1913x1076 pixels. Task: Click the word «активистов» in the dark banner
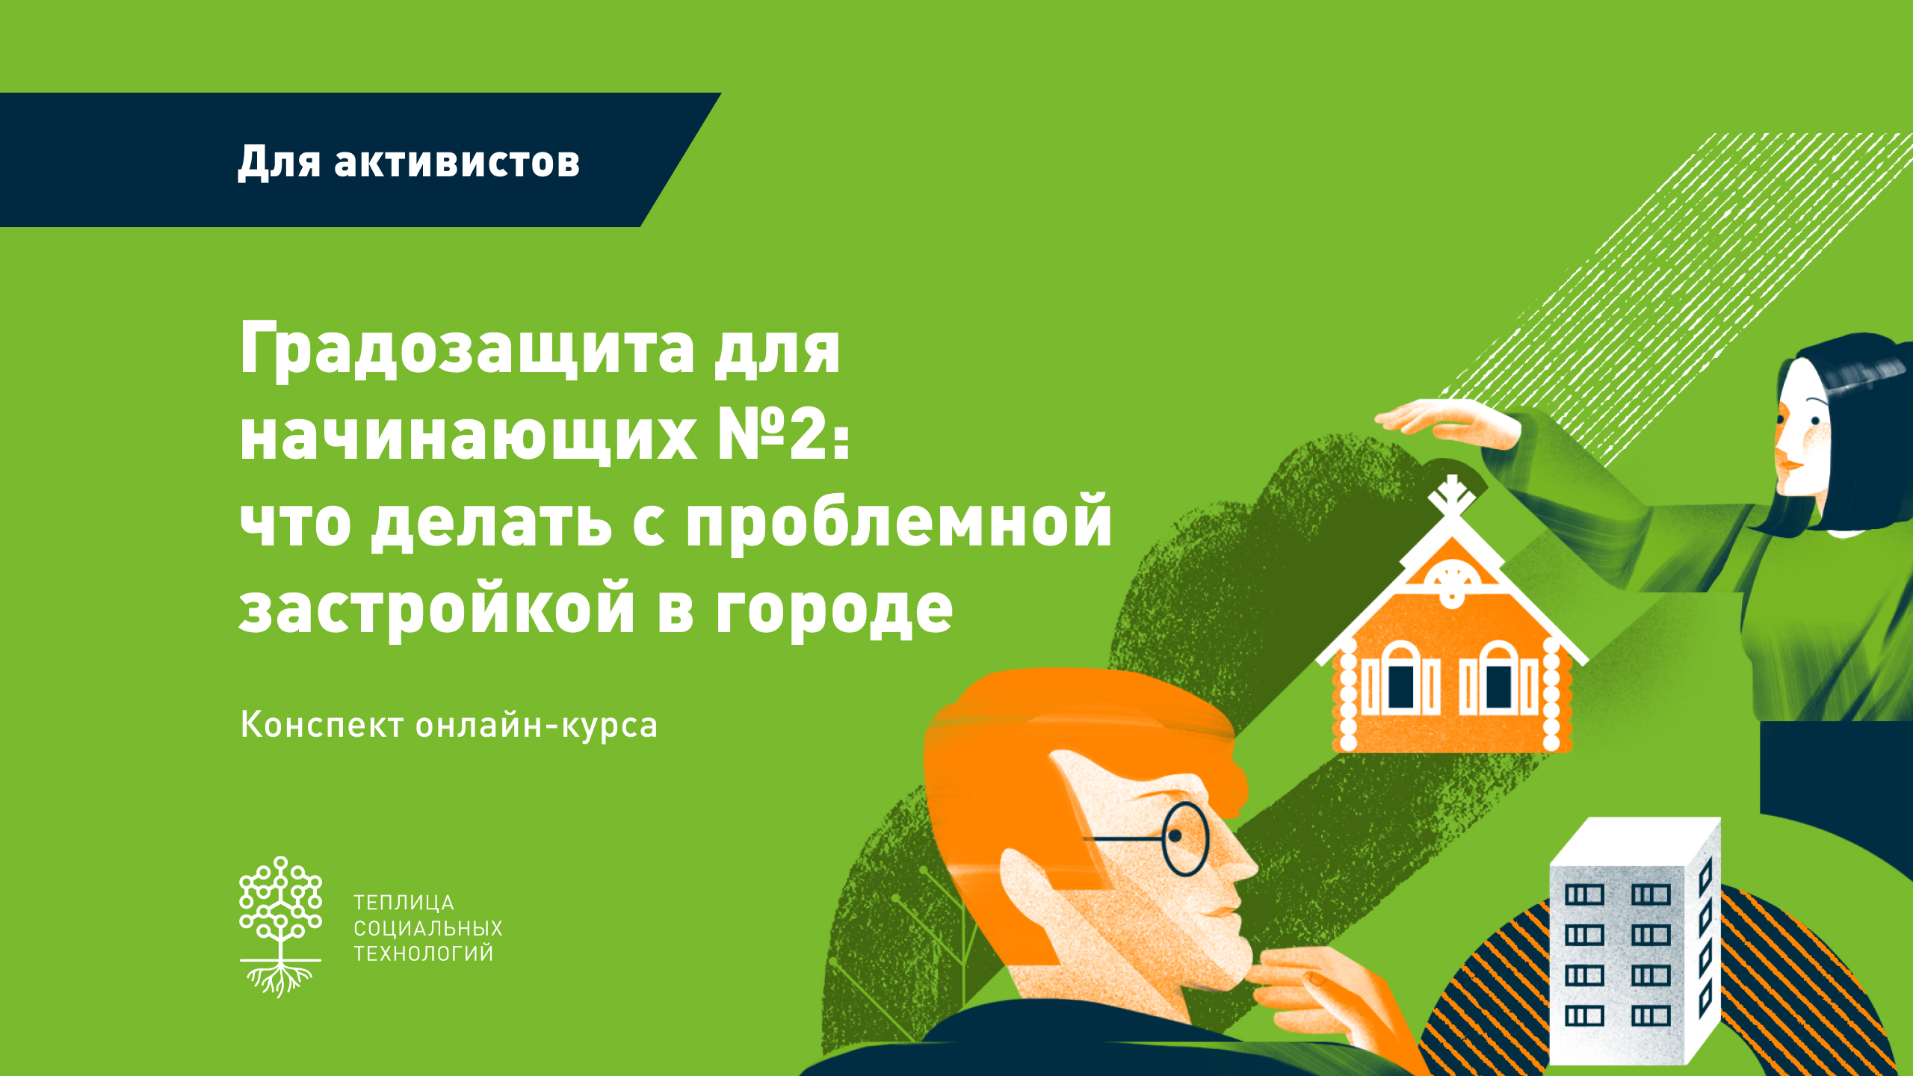[457, 161]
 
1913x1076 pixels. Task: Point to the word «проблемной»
[899, 522]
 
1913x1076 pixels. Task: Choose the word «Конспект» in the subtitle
[322, 724]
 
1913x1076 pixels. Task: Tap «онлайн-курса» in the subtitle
[537, 726]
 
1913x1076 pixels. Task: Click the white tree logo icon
[280, 927]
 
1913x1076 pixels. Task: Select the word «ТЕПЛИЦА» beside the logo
[404, 903]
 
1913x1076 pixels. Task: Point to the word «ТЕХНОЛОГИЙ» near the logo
[424, 953]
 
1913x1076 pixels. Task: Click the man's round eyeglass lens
[1185, 839]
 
